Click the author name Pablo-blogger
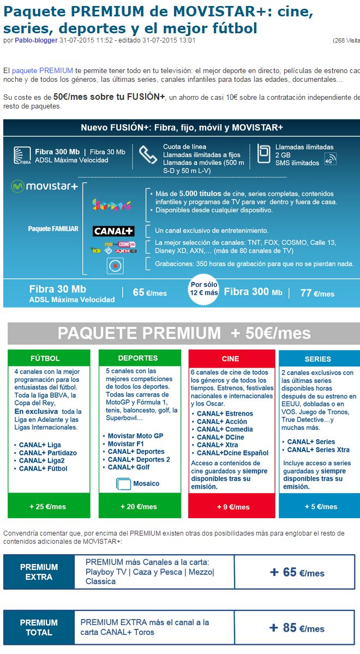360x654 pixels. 36,40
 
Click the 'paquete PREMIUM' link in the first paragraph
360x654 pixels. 42,71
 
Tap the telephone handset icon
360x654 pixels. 147,155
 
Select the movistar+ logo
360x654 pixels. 45,187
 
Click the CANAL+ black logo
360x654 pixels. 113,231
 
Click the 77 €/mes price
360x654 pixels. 317,293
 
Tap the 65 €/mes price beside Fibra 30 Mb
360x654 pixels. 149,293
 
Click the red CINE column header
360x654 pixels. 231,358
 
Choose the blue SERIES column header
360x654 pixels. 318,359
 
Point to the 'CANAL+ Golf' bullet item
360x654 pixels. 129,467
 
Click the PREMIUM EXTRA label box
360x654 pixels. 39,572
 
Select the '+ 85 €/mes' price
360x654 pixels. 297,628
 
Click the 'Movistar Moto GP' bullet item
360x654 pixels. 135,436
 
